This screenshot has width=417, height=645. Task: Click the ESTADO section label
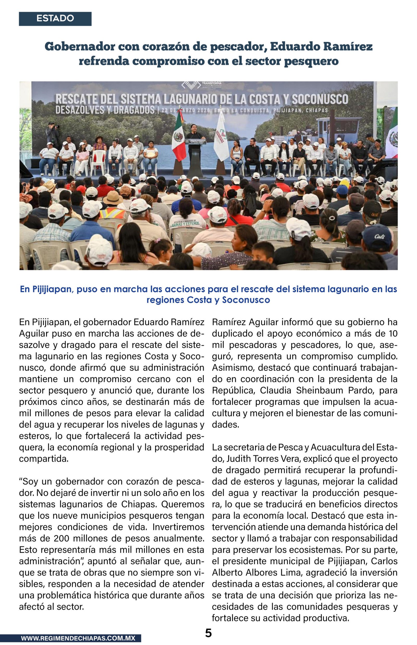(x=55, y=19)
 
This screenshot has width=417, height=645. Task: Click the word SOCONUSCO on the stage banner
(x=320, y=99)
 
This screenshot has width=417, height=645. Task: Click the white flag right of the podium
(x=221, y=138)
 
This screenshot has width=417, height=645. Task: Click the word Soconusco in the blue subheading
(x=246, y=300)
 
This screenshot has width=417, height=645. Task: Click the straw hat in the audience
(x=113, y=198)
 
